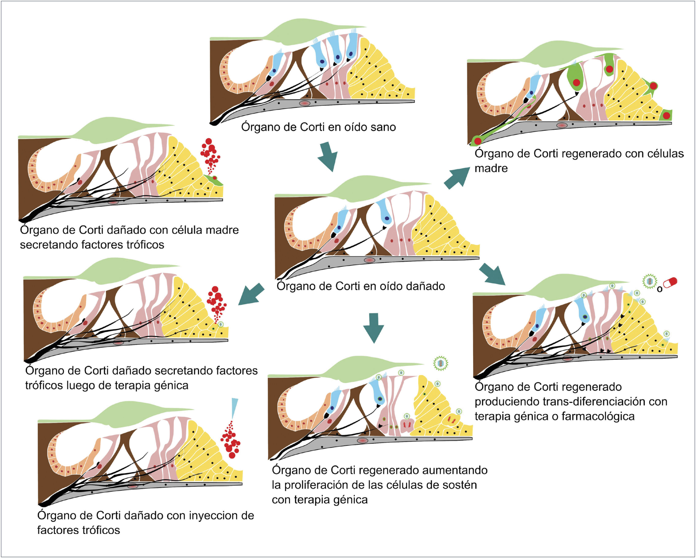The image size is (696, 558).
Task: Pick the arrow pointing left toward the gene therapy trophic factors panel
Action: tap(251, 294)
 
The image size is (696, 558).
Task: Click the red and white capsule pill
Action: tap(670, 282)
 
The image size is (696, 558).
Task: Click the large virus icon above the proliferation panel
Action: tap(441, 364)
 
